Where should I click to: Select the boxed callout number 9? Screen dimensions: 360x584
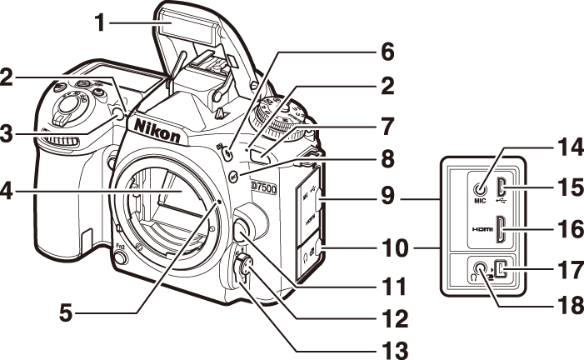tap(387, 198)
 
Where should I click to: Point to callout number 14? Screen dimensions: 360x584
tap(571, 153)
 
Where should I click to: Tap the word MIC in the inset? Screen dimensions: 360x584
tap(481, 201)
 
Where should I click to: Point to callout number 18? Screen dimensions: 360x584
tap(571, 305)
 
